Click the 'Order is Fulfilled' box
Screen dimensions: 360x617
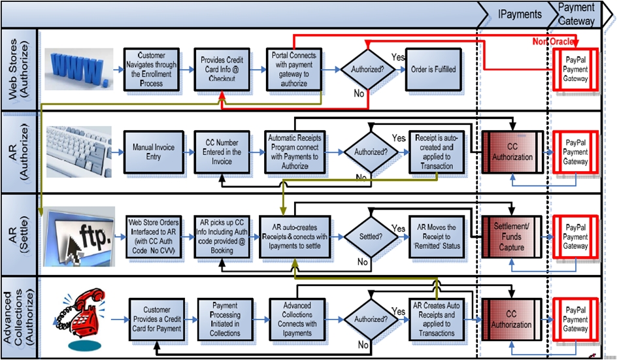click(x=433, y=69)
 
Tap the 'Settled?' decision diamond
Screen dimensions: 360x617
click(x=371, y=237)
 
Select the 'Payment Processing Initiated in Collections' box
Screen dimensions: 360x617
click(x=225, y=319)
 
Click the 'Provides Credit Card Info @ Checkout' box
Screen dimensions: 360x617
click(x=222, y=69)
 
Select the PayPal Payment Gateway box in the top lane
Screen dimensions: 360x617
click(x=576, y=69)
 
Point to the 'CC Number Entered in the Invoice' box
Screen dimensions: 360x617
click(x=222, y=152)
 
